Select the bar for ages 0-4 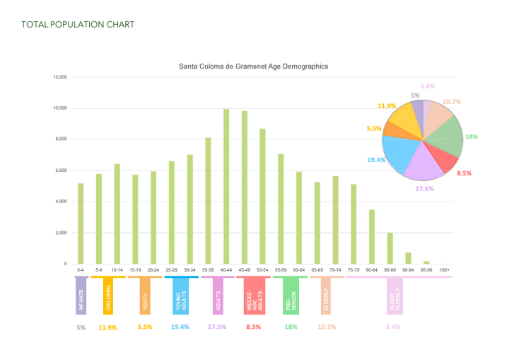click(81, 223)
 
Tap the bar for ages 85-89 click(390, 248)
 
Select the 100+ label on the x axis click(444, 270)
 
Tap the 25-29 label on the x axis click(172, 270)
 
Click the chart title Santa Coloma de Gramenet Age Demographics click(253, 66)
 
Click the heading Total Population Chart click(78, 25)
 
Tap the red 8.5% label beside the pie click(464, 173)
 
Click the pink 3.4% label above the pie click(427, 86)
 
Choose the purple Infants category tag click(81, 295)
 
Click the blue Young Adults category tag click(180, 295)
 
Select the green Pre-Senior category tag click(291, 295)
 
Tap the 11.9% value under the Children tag click(107, 327)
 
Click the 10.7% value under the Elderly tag click(326, 327)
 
